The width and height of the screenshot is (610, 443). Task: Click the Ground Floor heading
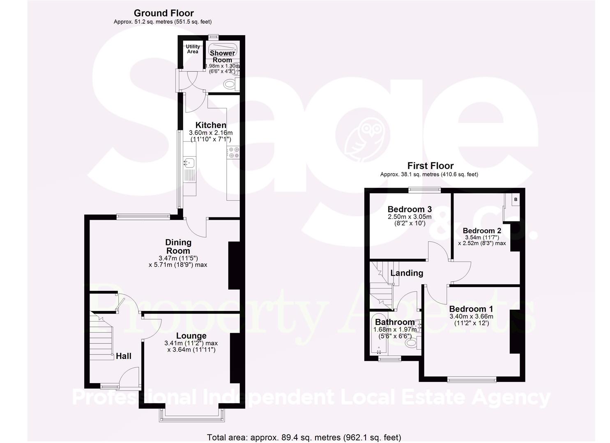[163, 14]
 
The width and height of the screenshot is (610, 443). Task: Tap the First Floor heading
[430, 166]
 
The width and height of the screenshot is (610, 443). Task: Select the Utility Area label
[193, 49]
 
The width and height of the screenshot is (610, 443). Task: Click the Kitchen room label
[210, 125]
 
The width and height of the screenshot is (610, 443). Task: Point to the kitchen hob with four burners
[234, 153]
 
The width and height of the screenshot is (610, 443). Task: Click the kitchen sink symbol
[189, 162]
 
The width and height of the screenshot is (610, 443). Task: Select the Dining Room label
[178, 247]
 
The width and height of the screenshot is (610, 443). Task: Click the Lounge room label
[191, 336]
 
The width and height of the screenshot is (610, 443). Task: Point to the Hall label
[123, 356]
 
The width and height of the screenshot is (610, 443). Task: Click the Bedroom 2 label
[481, 231]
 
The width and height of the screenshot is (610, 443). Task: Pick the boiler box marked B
[516, 200]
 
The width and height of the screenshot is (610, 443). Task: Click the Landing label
[406, 273]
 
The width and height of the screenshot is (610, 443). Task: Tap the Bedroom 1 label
[471, 309]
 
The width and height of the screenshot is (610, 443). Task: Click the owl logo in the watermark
[363, 134]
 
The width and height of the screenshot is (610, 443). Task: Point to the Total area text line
[304, 437]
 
